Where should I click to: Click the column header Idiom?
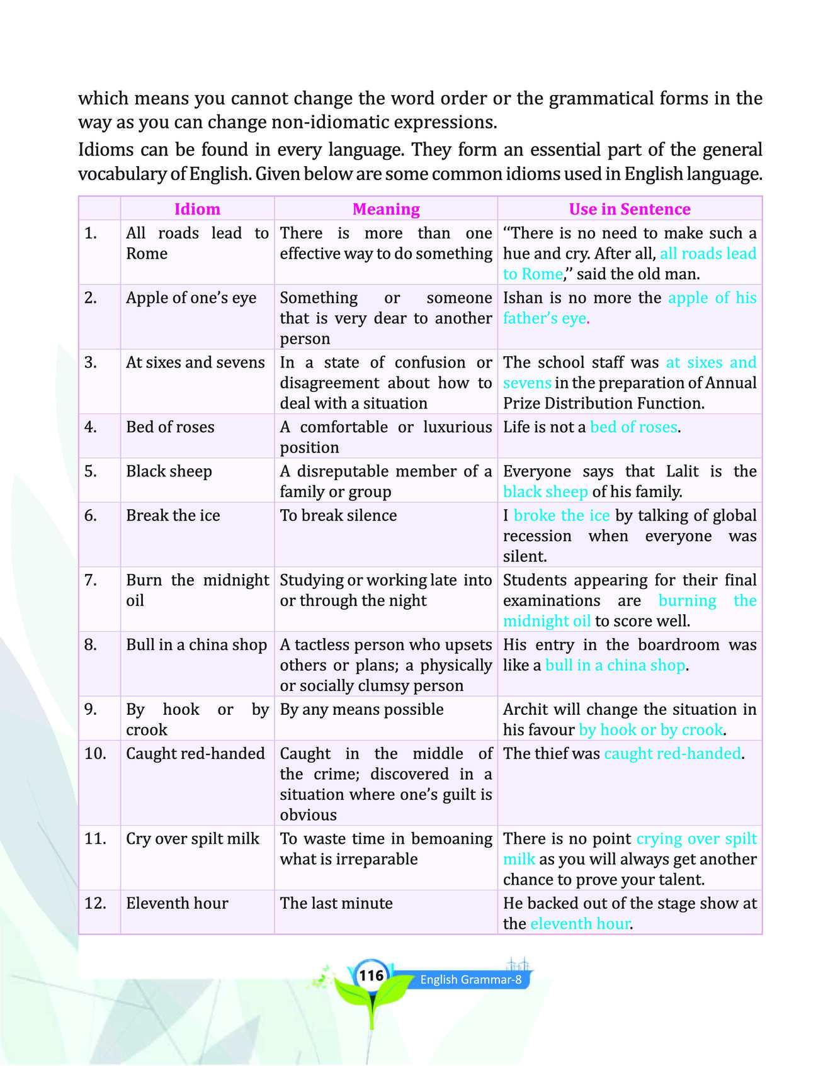pyautogui.click(x=197, y=209)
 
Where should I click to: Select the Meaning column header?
pyautogui.click(x=386, y=209)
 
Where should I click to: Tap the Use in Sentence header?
pyautogui.click(x=630, y=209)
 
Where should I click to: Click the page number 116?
pyautogui.click(x=371, y=975)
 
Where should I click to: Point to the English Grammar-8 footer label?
pyautogui.click(x=471, y=980)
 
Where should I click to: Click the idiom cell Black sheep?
pyautogui.click(x=169, y=471)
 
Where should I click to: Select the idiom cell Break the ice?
pyautogui.click(x=173, y=515)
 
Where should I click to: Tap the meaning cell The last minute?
pyautogui.click(x=336, y=903)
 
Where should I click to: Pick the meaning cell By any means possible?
pyautogui.click(x=361, y=709)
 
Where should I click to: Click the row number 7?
pyautogui.click(x=91, y=580)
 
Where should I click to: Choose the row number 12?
pyautogui.click(x=94, y=903)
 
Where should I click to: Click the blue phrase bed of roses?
pyautogui.click(x=633, y=427)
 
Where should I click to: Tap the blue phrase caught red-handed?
pyautogui.click(x=672, y=753)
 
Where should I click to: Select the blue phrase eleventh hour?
pyautogui.click(x=580, y=923)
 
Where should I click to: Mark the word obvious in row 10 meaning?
pyautogui.click(x=308, y=815)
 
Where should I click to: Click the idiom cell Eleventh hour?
pyautogui.click(x=177, y=903)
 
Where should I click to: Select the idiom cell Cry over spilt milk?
pyautogui.click(x=193, y=838)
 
